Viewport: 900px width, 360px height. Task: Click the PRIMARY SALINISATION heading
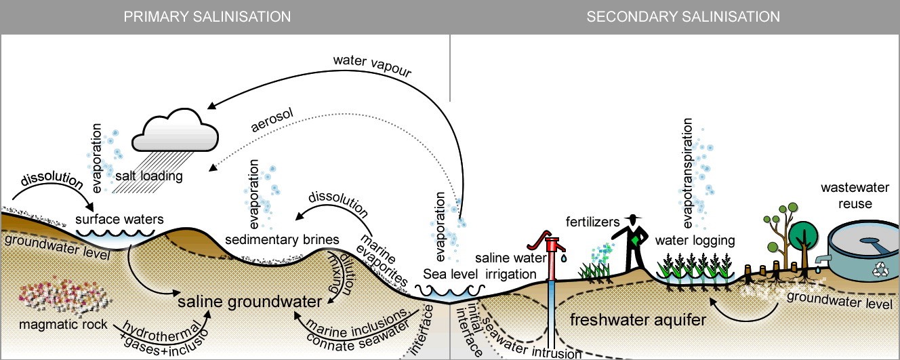(207, 16)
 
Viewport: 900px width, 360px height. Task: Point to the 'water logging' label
(695, 240)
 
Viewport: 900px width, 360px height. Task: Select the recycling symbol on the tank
(881, 269)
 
